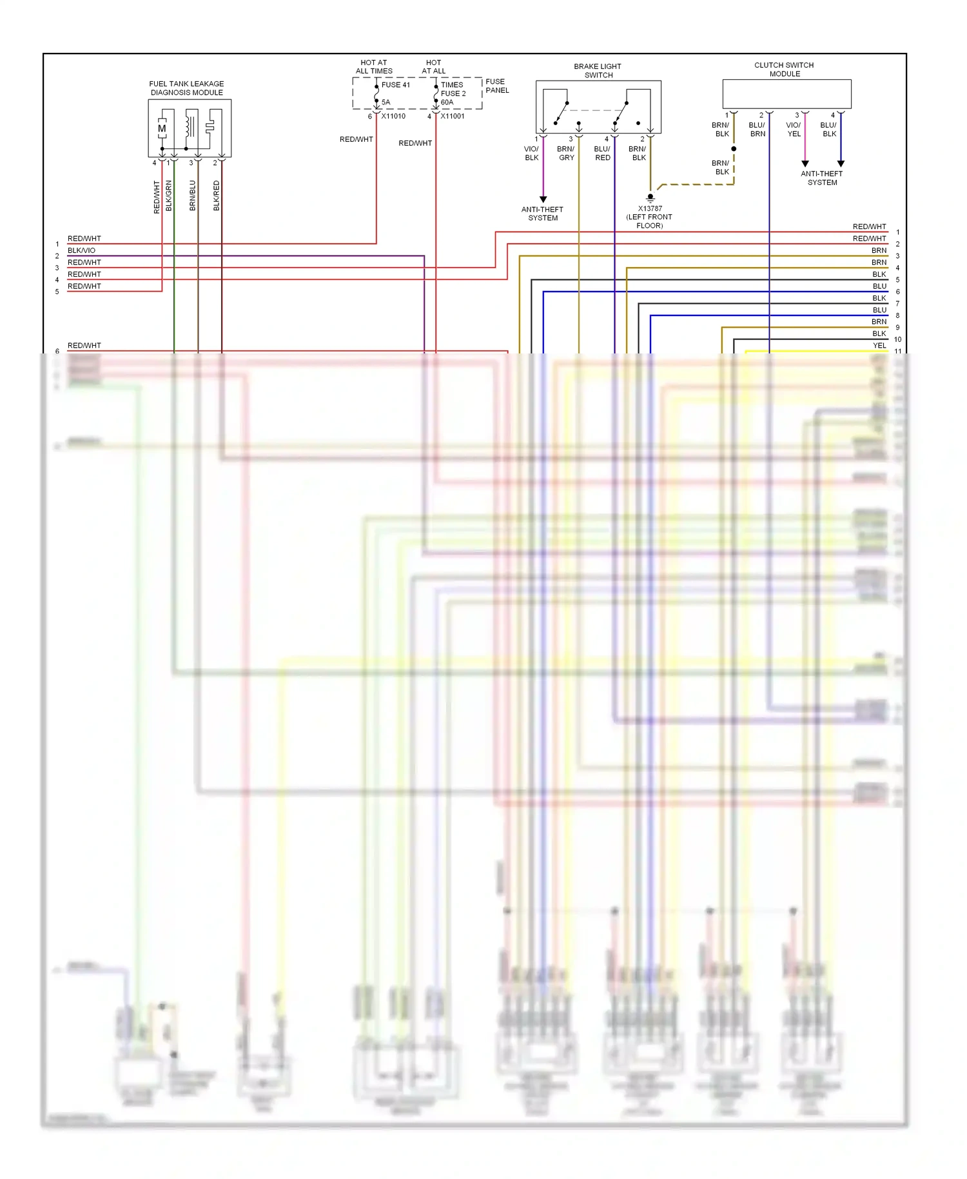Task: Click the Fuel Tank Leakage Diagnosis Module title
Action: tap(186, 88)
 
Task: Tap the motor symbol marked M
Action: tap(162, 128)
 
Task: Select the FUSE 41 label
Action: tap(395, 84)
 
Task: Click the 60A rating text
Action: tap(447, 102)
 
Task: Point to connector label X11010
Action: tap(393, 116)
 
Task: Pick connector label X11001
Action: tap(452, 116)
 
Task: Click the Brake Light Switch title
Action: tap(598, 70)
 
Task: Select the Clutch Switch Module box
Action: tap(786, 94)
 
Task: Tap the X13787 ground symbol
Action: tap(650, 197)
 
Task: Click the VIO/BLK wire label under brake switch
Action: tap(531, 153)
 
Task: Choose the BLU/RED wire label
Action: tap(602, 153)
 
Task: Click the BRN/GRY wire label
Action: tap(566, 153)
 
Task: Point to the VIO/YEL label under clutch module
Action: tap(794, 130)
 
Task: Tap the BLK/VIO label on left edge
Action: tap(81, 250)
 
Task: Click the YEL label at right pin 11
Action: tap(879, 346)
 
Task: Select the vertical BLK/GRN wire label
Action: tap(169, 195)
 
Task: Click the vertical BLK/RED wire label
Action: tap(217, 195)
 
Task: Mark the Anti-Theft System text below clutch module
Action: tap(822, 178)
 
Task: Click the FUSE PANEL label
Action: tap(496, 86)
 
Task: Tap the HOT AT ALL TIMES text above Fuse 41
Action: tap(374, 67)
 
